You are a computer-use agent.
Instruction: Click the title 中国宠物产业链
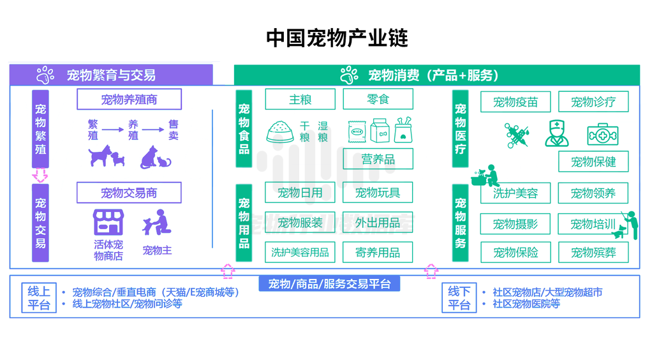(x=337, y=38)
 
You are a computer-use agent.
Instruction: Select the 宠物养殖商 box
(x=129, y=100)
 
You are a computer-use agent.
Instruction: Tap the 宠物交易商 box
(x=129, y=193)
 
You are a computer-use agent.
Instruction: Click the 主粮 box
(x=300, y=100)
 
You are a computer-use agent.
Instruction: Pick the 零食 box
(x=378, y=100)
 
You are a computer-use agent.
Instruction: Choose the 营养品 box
(x=378, y=159)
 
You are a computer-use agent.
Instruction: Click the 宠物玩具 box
(x=378, y=193)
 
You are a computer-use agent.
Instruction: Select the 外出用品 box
(x=378, y=223)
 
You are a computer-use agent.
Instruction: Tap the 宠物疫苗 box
(x=515, y=102)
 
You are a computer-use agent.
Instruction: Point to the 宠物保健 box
(x=593, y=161)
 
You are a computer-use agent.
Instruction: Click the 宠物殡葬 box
(x=593, y=253)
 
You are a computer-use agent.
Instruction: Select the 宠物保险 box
(x=515, y=253)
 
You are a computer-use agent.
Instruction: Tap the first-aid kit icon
(x=602, y=135)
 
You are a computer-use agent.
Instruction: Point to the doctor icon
(x=556, y=133)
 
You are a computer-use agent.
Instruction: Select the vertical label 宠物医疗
(x=460, y=129)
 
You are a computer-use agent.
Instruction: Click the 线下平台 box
(x=459, y=298)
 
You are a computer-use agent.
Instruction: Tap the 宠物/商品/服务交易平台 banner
(x=329, y=283)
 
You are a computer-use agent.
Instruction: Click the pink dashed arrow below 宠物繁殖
(x=40, y=175)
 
